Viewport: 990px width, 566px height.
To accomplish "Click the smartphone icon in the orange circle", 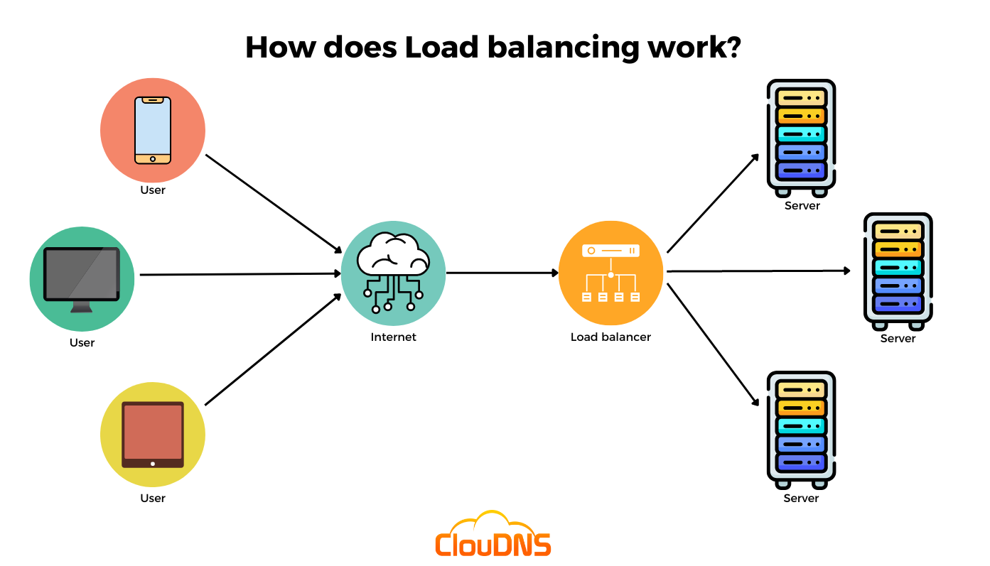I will (x=153, y=130).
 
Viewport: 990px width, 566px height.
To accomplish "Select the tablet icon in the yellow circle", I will (x=153, y=434).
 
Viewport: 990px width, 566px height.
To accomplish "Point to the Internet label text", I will (x=393, y=337).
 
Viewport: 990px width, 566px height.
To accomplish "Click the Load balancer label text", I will (x=610, y=337).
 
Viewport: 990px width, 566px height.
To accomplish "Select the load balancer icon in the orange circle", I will (x=610, y=273).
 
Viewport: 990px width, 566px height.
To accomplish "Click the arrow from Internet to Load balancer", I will (x=502, y=272).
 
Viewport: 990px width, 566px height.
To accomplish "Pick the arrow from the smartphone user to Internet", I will (x=274, y=204).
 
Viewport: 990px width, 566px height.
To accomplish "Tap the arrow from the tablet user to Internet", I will (x=274, y=349).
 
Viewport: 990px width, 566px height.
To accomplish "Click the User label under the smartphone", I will (x=153, y=190).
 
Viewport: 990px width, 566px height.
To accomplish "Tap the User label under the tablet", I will (x=153, y=499).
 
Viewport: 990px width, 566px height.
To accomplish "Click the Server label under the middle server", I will (x=898, y=339).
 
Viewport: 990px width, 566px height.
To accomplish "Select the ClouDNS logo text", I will (x=493, y=544).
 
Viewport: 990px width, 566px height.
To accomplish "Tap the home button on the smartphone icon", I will (x=153, y=159).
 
